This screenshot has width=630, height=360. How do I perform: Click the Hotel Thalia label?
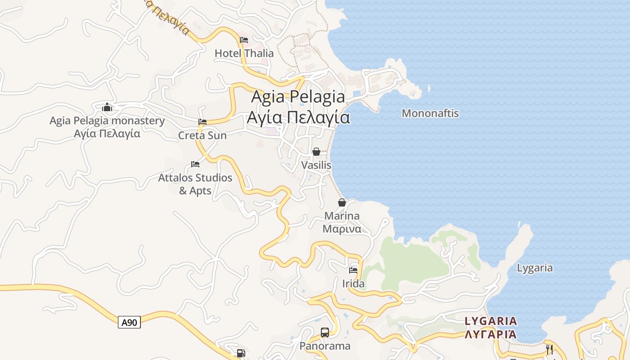click(x=244, y=53)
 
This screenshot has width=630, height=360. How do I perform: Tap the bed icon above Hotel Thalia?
click(x=244, y=40)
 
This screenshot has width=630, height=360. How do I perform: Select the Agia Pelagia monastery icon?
click(x=107, y=107)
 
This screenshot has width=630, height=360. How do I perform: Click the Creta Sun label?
click(x=202, y=135)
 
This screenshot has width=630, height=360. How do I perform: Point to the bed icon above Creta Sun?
click(x=202, y=122)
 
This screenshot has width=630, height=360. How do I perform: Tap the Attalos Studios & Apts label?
click(x=195, y=184)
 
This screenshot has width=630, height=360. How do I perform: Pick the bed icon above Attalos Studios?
click(x=195, y=164)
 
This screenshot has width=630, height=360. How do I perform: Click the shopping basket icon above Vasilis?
click(x=316, y=152)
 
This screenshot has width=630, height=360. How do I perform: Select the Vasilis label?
click(x=316, y=165)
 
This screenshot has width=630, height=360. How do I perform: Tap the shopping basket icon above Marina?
click(x=342, y=202)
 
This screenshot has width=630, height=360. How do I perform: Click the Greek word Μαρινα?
click(x=342, y=229)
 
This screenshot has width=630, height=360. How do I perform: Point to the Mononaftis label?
click(x=430, y=113)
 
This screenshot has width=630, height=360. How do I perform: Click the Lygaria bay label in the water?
click(x=535, y=268)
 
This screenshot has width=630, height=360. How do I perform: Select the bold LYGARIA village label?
click(x=491, y=321)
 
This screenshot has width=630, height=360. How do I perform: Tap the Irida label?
click(x=353, y=284)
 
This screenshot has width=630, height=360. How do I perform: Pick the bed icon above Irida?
click(x=353, y=270)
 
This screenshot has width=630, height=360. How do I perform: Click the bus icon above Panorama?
click(x=325, y=333)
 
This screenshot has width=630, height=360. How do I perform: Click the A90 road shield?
click(x=129, y=322)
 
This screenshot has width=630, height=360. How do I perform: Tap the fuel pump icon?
click(x=241, y=353)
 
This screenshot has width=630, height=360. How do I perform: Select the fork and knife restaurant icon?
click(x=549, y=350)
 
